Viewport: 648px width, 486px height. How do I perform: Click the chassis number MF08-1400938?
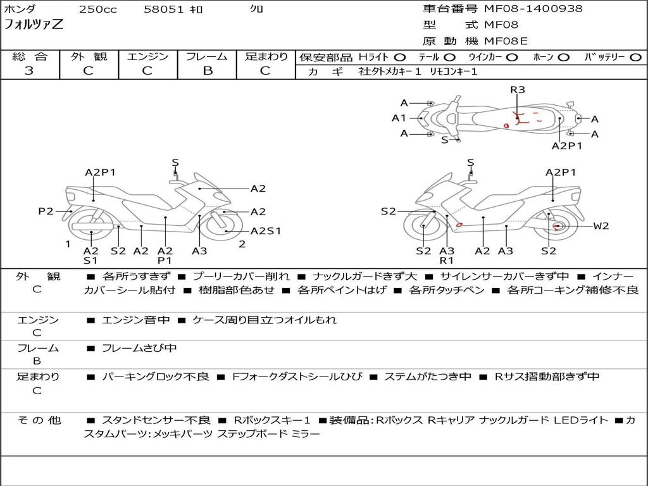[533, 9]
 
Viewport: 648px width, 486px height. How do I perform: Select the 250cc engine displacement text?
[97, 9]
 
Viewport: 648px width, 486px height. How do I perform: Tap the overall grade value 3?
[29, 71]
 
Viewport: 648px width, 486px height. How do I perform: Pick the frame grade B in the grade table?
[207, 71]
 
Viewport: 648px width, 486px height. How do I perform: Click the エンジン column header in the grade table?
[147, 57]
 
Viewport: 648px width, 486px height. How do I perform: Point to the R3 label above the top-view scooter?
[518, 90]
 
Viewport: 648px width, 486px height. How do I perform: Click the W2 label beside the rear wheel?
[601, 226]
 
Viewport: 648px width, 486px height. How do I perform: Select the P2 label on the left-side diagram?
[46, 211]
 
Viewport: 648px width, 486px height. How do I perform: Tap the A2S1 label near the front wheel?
[266, 231]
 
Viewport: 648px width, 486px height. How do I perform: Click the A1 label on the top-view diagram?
[399, 118]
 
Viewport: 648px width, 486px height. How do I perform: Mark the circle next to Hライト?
[400, 58]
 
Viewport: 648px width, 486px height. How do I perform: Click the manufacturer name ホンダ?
[20, 9]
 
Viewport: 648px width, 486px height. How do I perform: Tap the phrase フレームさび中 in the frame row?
[139, 348]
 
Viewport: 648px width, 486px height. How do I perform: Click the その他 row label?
[39, 420]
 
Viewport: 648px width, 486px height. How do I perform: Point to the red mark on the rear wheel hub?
[557, 226]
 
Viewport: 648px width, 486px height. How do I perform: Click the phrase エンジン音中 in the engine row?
[135, 320]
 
